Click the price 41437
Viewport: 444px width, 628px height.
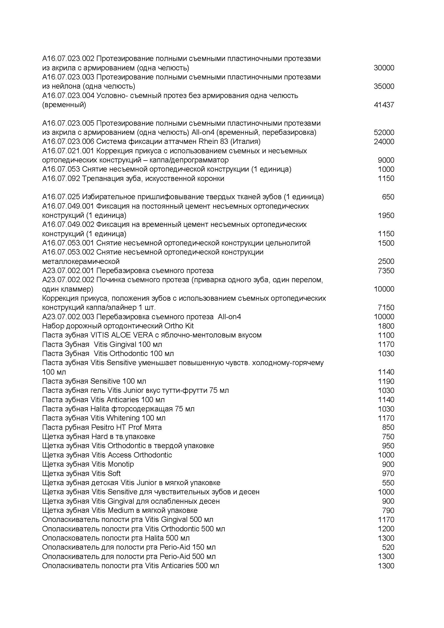pos(384,105)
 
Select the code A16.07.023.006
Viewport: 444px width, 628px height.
pos(68,141)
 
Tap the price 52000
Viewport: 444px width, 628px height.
pos(384,132)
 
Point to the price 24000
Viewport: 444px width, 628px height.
pos(384,142)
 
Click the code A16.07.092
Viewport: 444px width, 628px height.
pos(61,178)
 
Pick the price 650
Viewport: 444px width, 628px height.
pos(388,197)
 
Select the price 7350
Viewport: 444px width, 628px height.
pos(386,271)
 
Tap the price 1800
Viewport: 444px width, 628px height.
pos(386,326)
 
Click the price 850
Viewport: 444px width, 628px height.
pos(388,427)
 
